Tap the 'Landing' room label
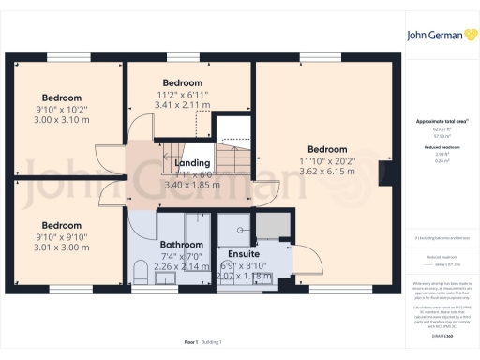pos(193,162)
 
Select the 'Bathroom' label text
pos(181,244)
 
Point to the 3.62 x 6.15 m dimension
pos(327,172)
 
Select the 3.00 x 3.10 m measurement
pos(61,120)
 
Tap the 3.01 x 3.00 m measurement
pos(61,247)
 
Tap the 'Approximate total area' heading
pos(435,122)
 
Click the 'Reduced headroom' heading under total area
pos(435,149)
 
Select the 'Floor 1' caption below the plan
pos(190,344)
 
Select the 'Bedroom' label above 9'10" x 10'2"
pos(61,97)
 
